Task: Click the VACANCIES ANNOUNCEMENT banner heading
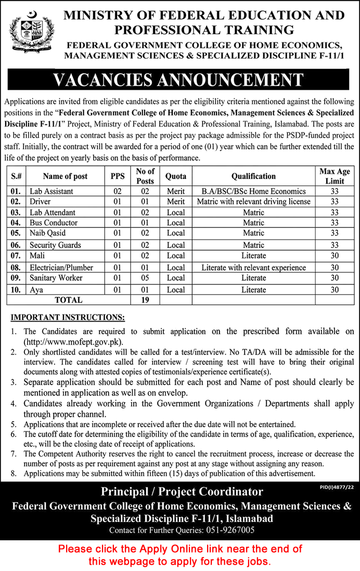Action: (178, 80)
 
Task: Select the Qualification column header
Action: (253, 176)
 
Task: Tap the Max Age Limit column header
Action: (335, 176)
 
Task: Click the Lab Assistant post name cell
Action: (51, 191)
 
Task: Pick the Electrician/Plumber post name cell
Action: (61, 267)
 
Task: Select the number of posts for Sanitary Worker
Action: (145, 277)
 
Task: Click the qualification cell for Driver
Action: (253, 201)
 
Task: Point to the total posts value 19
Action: (145, 300)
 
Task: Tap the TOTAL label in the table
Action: (69, 300)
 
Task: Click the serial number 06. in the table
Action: (16, 245)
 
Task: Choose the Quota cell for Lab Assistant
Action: (176, 191)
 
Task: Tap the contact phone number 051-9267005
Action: (229, 530)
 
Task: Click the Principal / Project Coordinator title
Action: (182, 491)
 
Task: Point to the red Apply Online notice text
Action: (179, 555)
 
